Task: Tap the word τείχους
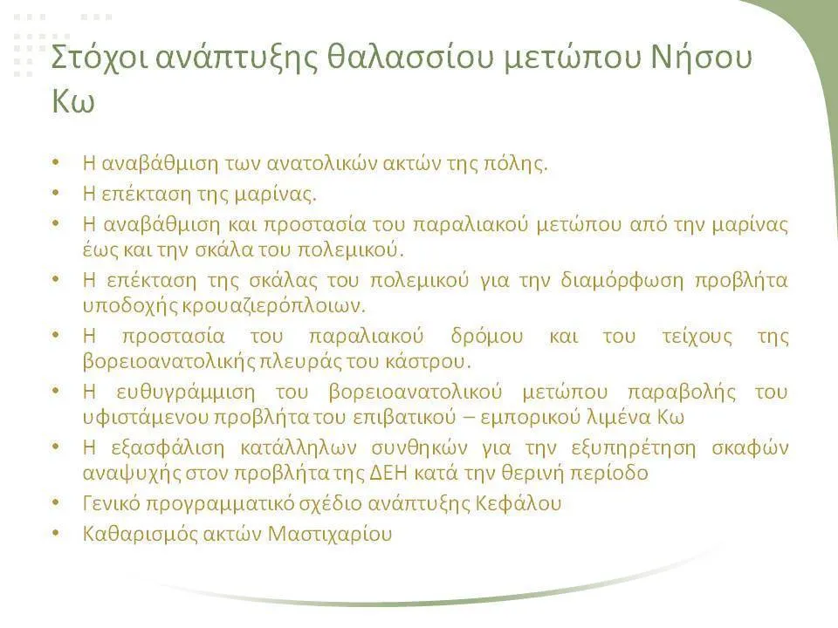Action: pos(697,337)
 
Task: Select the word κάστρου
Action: pos(428,362)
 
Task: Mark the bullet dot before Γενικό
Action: pos(56,503)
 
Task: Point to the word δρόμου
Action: pos(486,337)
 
